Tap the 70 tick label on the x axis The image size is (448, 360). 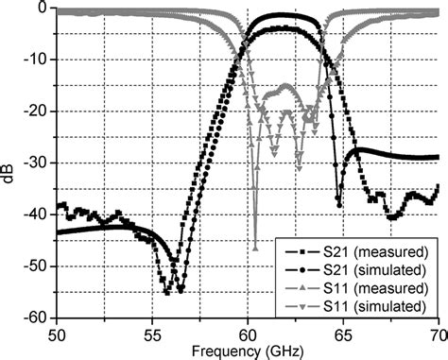click(438, 334)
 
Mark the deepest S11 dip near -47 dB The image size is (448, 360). click(254, 248)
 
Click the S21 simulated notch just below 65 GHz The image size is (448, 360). click(339, 202)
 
